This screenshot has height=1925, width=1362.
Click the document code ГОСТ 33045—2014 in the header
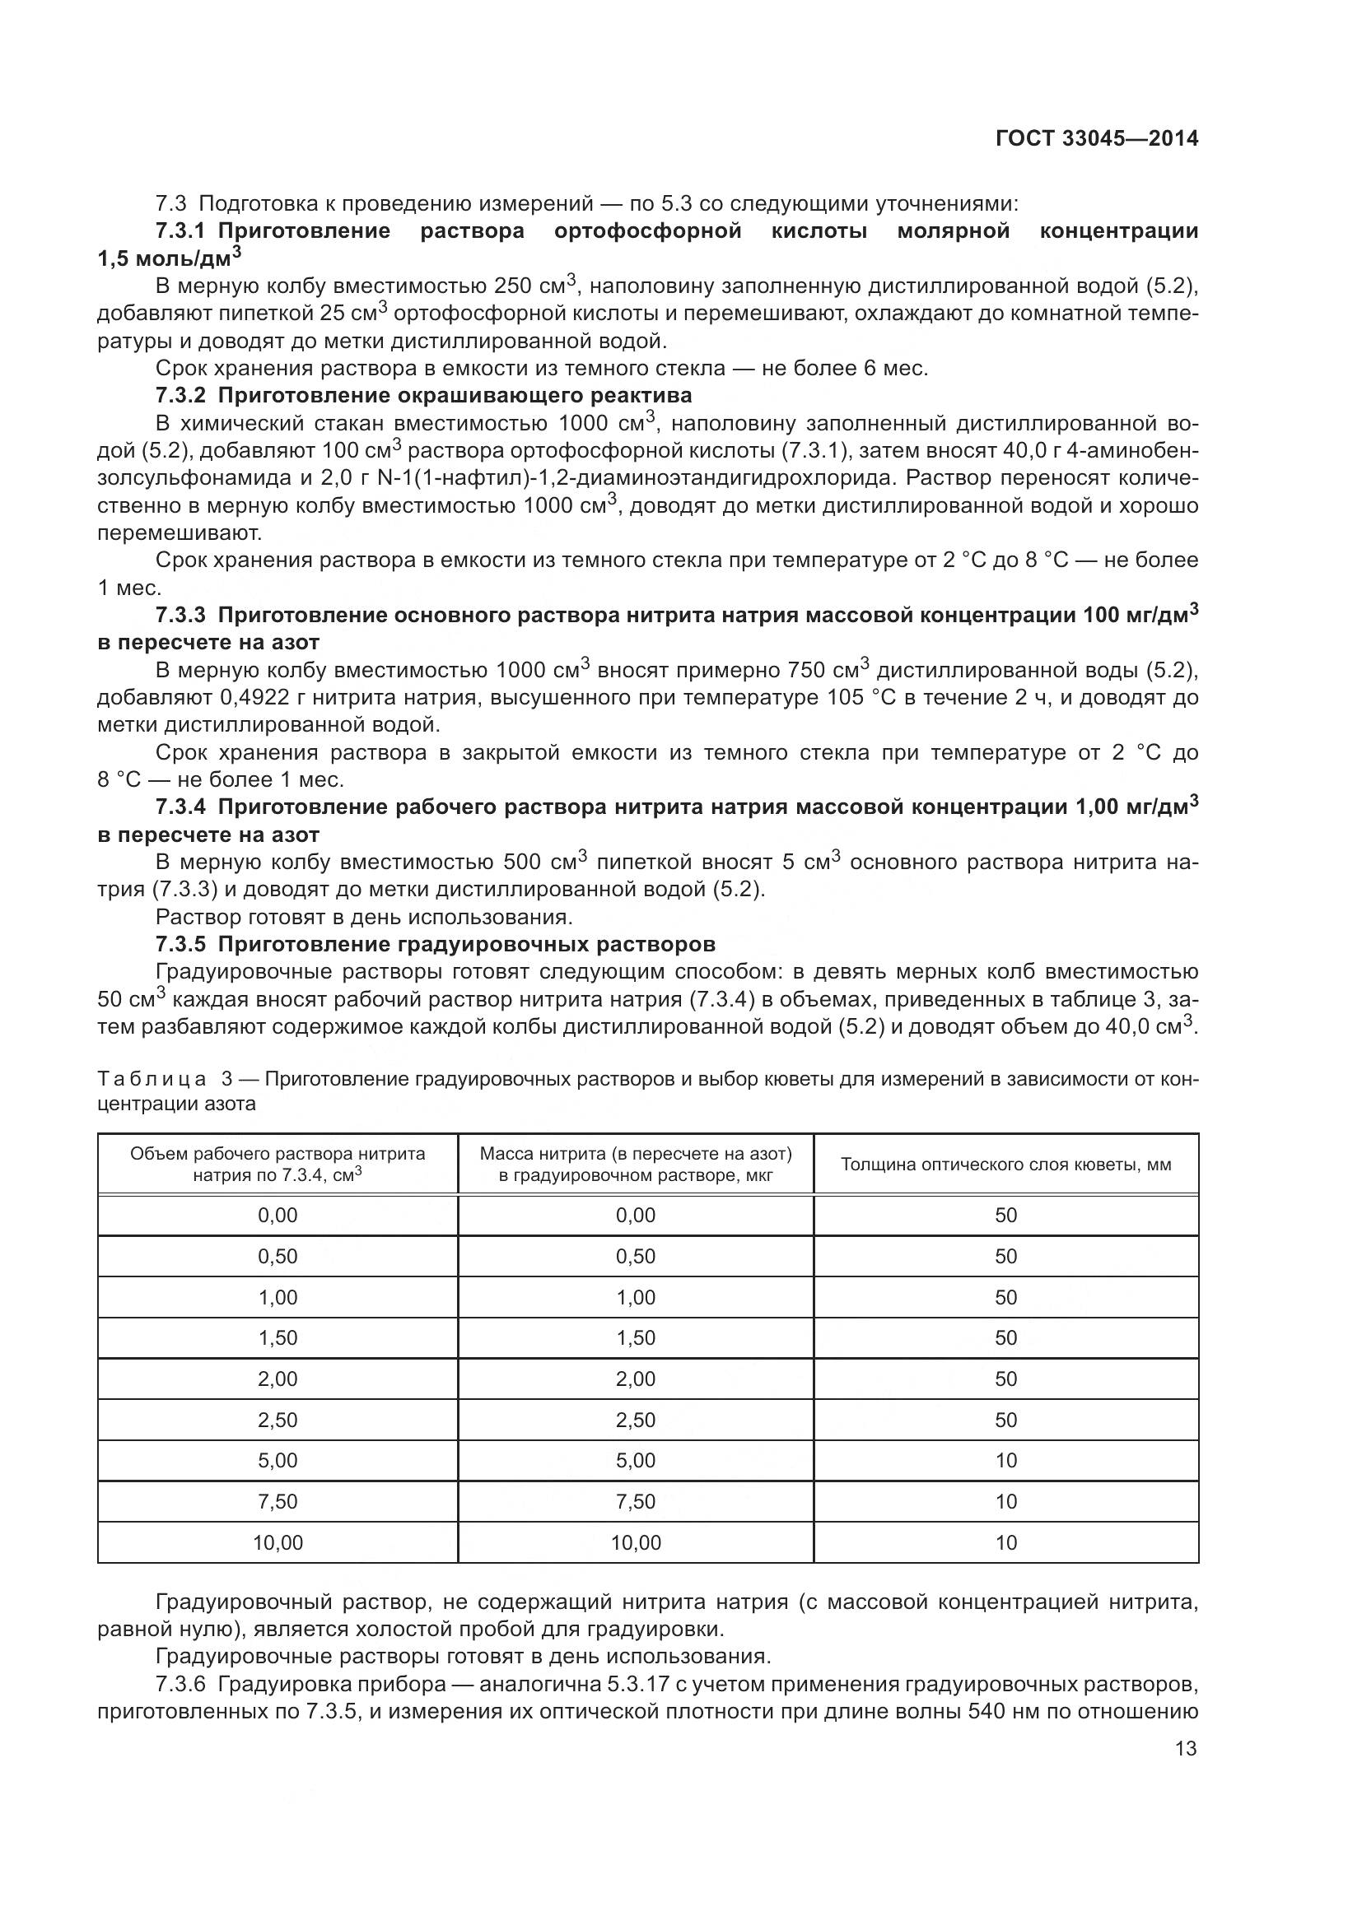1096,139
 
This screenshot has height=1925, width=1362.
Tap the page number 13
1186,1748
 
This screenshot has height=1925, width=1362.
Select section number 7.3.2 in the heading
180,395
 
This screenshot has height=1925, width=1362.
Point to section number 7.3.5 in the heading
180,944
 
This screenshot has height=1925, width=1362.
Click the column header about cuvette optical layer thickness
1005,1165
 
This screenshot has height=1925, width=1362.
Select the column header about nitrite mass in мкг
636,1165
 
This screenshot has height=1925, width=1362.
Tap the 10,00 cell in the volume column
278,1542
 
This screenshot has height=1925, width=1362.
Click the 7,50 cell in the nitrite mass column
636,1502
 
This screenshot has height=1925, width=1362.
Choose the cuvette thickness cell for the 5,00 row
1005,1461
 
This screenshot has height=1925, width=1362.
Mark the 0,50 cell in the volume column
278,1256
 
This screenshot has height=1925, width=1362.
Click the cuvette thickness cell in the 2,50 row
1005,1420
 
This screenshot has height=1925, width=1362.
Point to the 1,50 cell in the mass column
636,1337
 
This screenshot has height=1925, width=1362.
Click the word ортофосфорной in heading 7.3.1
647,230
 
